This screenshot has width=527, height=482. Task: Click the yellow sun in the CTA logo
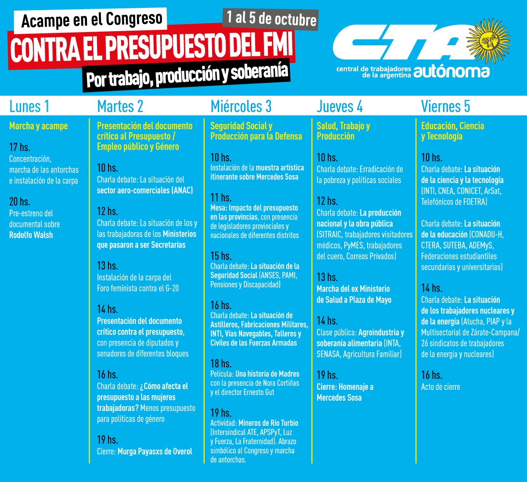pos(488,41)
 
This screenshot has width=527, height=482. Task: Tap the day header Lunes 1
pos(29,106)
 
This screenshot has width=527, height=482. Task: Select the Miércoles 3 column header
pos(241,106)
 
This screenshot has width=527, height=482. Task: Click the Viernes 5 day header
pos(445,106)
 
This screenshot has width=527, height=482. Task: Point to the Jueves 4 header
pos(339,106)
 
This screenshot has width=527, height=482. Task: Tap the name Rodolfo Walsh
pos(31,235)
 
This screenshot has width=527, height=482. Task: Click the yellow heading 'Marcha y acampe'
pos(38,126)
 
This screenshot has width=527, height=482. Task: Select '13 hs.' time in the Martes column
pos(108,266)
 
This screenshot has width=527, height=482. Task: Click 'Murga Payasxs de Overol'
pos(155,452)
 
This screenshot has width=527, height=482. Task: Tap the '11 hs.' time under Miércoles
pos(220,197)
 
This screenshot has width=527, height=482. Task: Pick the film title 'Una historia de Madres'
pos(267,374)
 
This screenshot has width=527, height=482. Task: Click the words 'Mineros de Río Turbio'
pos(268,423)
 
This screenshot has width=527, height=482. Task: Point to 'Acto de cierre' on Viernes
pos(440,387)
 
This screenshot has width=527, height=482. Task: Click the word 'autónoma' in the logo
pos(451,72)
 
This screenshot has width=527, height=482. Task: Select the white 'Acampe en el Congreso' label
pos(91,20)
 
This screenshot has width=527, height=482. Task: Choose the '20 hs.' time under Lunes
pos(20,201)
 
